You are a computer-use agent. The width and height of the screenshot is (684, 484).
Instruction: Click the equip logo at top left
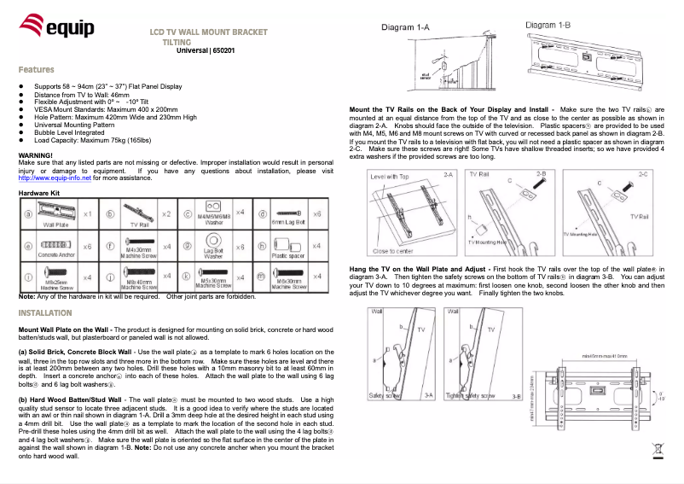[x=51, y=32]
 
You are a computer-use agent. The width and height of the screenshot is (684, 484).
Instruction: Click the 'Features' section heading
[x=37, y=69]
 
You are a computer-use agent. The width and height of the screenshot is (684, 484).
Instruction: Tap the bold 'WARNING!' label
[x=36, y=154]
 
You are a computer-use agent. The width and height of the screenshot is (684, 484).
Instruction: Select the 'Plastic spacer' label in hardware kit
[x=287, y=254]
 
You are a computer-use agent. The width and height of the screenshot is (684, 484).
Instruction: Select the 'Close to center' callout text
[x=394, y=251]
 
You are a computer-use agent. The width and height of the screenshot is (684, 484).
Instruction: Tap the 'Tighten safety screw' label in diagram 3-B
[x=486, y=395]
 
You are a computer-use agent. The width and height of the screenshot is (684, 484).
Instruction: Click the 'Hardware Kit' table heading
[x=39, y=195]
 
